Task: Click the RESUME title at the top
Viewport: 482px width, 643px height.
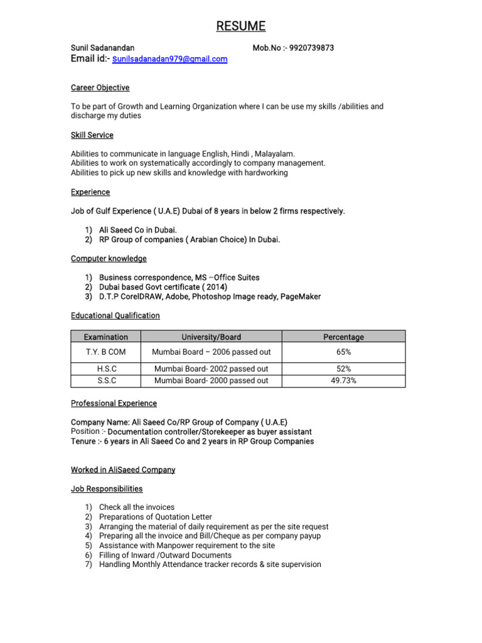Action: coord(241,26)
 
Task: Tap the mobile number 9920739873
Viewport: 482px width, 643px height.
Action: coord(312,48)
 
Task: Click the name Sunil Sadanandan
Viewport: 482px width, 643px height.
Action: coord(102,48)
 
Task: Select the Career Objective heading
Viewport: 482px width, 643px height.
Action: coord(100,88)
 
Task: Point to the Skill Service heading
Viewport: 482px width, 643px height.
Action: coord(92,135)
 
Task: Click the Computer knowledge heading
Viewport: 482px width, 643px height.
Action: coord(109,259)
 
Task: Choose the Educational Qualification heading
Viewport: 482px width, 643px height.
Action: coord(115,316)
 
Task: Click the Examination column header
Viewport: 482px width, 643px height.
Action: coord(105,337)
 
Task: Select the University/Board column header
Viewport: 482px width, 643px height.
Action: coord(211,337)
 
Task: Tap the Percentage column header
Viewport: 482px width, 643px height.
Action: coord(343,337)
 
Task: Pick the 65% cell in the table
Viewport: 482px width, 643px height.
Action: coord(343,352)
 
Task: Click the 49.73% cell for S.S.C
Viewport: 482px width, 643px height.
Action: coord(343,381)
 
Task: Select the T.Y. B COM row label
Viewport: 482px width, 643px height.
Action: coord(105,352)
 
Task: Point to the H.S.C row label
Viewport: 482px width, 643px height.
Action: coord(105,369)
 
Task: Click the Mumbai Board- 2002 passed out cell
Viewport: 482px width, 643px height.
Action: coord(211,369)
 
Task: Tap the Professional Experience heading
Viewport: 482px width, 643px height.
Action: coord(114,403)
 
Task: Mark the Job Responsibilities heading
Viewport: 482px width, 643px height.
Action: coord(107,489)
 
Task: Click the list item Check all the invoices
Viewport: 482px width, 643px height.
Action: coord(137,507)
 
